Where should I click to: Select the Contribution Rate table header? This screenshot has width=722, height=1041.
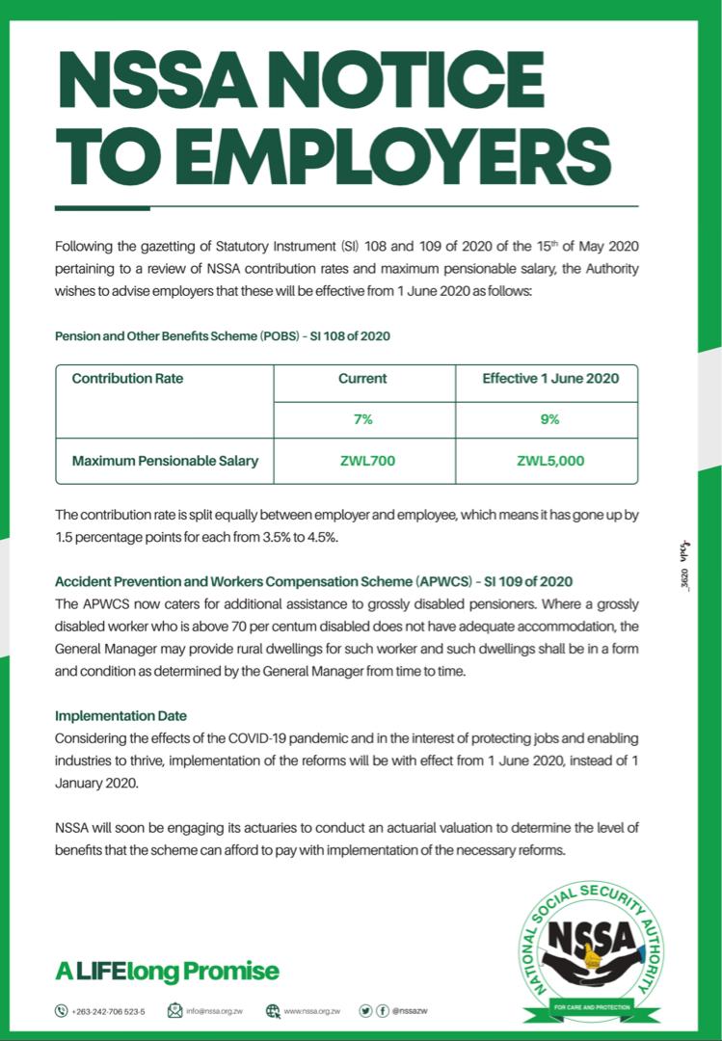pyautogui.click(x=127, y=379)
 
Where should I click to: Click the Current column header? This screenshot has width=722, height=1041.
pyautogui.click(x=362, y=379)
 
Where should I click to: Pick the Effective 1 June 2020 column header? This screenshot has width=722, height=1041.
pyautogui.click(x=550, y=379)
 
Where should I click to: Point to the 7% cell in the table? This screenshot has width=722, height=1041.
pyautogui.click(x=362, y=419)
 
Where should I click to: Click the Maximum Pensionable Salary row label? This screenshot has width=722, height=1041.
pyautogui.click(x=165, y=461)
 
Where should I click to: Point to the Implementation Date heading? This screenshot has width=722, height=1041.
pyautogui.click(x=120, y=716)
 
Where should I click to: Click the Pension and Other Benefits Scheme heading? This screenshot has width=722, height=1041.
pyautogui.click(x=222, y=336)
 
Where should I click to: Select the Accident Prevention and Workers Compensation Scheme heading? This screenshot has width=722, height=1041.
pyautogui.click(x=313, y=581)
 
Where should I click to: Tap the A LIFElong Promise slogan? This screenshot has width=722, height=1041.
pyautogui.click(x=167, y=971)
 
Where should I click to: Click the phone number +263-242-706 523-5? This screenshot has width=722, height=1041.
pyautogui.click(x=108, y=1011)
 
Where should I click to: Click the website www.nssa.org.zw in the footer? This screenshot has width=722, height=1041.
pyautogui.click(x=312, y=1011)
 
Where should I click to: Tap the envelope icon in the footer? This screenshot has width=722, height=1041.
pyautogui.click(x=174, y=1011)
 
